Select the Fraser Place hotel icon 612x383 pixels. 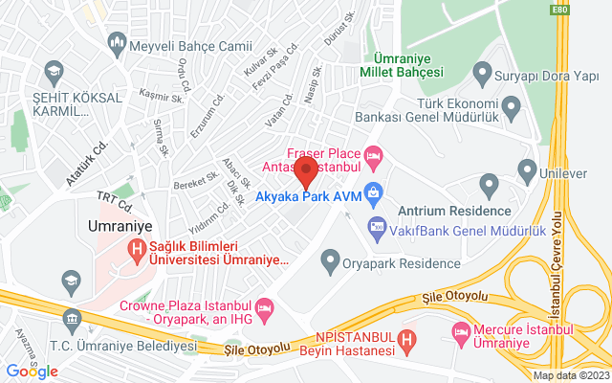tap(373, 153)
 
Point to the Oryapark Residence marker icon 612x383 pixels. tap(331, 258)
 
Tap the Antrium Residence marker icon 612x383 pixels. tap(490, 184)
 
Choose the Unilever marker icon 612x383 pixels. tap(526, 171)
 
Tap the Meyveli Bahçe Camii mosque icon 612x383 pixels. tap(118, 44)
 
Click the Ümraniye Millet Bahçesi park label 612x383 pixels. tap(402, 63)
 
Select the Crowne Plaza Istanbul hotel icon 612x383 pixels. tap(265, 307)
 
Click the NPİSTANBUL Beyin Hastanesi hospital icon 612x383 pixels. tap(406, 338)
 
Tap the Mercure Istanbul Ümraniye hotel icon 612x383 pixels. tap(457, 331)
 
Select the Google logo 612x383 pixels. tap(32, 372)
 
